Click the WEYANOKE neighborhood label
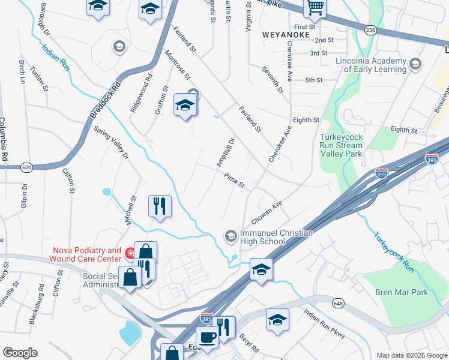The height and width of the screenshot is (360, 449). click(285, 35)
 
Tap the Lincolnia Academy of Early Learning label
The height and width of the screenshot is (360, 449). click(372, 65)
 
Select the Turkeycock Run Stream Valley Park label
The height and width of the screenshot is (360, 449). click(341, 145)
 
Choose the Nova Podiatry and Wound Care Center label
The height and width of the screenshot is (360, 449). click(87, 254)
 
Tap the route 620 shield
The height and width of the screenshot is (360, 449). click(26, 167)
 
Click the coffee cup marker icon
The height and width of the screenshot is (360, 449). click(208, 337)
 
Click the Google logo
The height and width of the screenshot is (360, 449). click(20, 353)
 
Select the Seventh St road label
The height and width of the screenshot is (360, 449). click(272, 80)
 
